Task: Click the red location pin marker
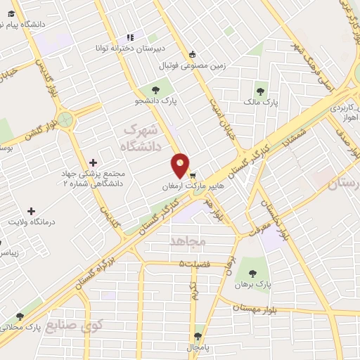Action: [181, 165]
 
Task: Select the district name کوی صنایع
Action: [75, 324]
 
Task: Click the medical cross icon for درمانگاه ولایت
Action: [31, 210]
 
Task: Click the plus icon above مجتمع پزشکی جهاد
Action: [94, 162]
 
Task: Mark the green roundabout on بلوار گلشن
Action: [65, 120]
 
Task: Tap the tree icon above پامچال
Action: [198, 336]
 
